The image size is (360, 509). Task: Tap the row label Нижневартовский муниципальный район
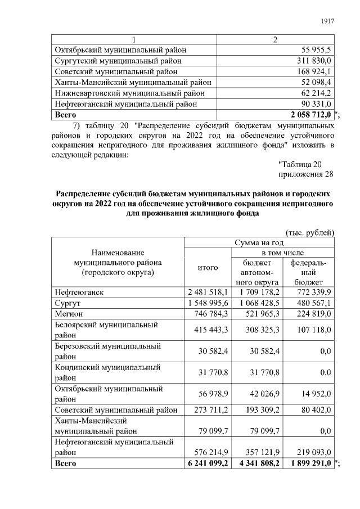point(129,93)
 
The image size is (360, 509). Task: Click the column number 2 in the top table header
point(275,39)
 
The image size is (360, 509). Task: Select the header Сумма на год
point(259,243)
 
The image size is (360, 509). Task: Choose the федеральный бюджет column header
point(309,272)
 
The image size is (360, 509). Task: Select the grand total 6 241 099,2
point(207,463)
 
